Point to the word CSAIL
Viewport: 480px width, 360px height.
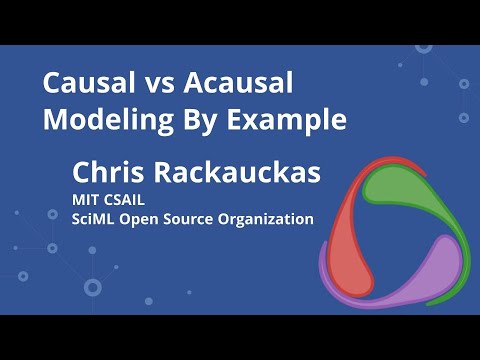[x=127, y=198]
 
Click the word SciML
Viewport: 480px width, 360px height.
[x=93, y=218]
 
